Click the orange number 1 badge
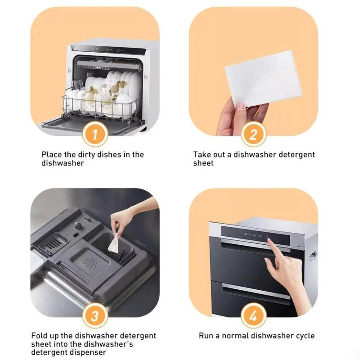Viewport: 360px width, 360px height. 95,134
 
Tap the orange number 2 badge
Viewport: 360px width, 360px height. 253,134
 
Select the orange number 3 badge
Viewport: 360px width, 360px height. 95,316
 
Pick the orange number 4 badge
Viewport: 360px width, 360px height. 253,316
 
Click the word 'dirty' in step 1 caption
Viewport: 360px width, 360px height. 86,154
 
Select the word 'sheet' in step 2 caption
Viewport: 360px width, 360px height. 203,163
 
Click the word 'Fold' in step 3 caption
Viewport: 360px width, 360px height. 39,335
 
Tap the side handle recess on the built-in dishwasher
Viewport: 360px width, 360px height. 312,255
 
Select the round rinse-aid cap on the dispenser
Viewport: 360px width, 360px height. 78,224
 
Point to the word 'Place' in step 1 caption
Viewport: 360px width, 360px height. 52,154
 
